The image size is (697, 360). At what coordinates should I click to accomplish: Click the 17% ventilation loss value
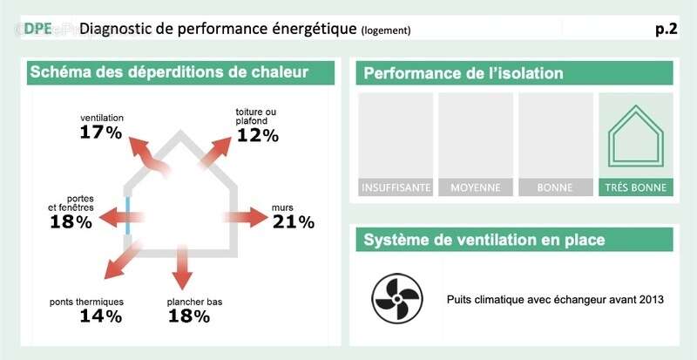100,132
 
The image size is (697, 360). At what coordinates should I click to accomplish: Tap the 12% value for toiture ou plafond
256,135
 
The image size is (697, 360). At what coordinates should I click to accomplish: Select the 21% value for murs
293,222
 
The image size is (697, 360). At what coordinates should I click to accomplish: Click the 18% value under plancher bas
188,316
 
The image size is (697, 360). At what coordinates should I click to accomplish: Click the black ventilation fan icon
397,298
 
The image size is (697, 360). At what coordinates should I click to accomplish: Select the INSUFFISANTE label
396,187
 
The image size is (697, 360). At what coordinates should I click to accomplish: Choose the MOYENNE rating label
476,187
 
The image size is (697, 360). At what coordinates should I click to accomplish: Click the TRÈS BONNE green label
635,187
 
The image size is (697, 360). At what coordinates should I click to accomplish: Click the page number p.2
666,29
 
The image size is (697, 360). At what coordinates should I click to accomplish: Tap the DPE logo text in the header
37,29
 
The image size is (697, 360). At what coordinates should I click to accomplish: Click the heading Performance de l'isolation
464,73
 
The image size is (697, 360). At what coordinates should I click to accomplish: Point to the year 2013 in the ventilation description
650,300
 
